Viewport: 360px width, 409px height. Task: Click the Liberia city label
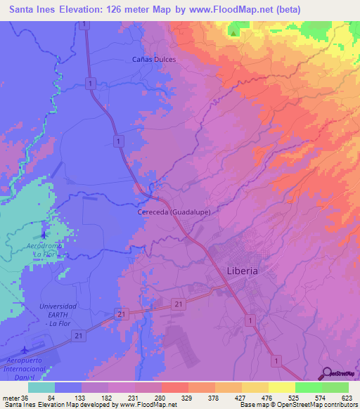tap(243, 270)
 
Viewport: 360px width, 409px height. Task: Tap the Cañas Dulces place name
tap(154, 59)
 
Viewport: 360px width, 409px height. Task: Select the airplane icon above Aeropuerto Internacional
tap(26, 349)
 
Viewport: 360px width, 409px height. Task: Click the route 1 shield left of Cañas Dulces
tap(91, 83)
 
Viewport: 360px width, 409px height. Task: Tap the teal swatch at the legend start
tap(41, 387)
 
